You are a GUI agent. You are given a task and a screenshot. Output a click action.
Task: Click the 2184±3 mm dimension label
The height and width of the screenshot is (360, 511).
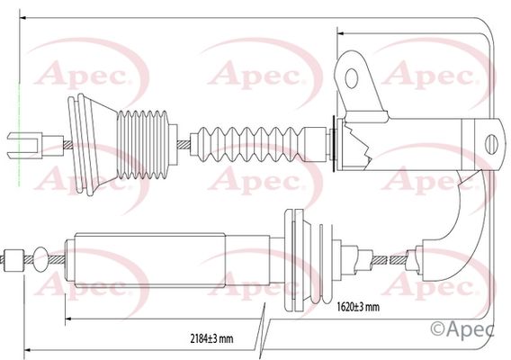211,338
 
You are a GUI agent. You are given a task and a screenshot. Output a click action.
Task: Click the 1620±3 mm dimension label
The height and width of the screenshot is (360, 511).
358,307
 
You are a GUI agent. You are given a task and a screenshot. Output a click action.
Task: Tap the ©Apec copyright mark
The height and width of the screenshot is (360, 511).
462,329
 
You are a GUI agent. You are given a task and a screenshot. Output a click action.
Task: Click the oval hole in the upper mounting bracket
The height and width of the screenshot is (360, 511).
351,78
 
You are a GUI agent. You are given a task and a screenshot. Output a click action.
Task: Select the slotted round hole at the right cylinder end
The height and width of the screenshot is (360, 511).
491,144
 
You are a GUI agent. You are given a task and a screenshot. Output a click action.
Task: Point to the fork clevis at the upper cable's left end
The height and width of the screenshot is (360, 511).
24,145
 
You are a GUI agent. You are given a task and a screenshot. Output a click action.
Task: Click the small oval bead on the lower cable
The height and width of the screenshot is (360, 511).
40,259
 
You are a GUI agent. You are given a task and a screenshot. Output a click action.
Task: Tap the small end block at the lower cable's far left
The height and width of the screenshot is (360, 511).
13,260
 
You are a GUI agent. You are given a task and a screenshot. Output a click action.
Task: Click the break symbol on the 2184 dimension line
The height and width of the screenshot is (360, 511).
262,331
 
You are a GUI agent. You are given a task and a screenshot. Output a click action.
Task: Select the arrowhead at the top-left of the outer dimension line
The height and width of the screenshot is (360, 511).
22,18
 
